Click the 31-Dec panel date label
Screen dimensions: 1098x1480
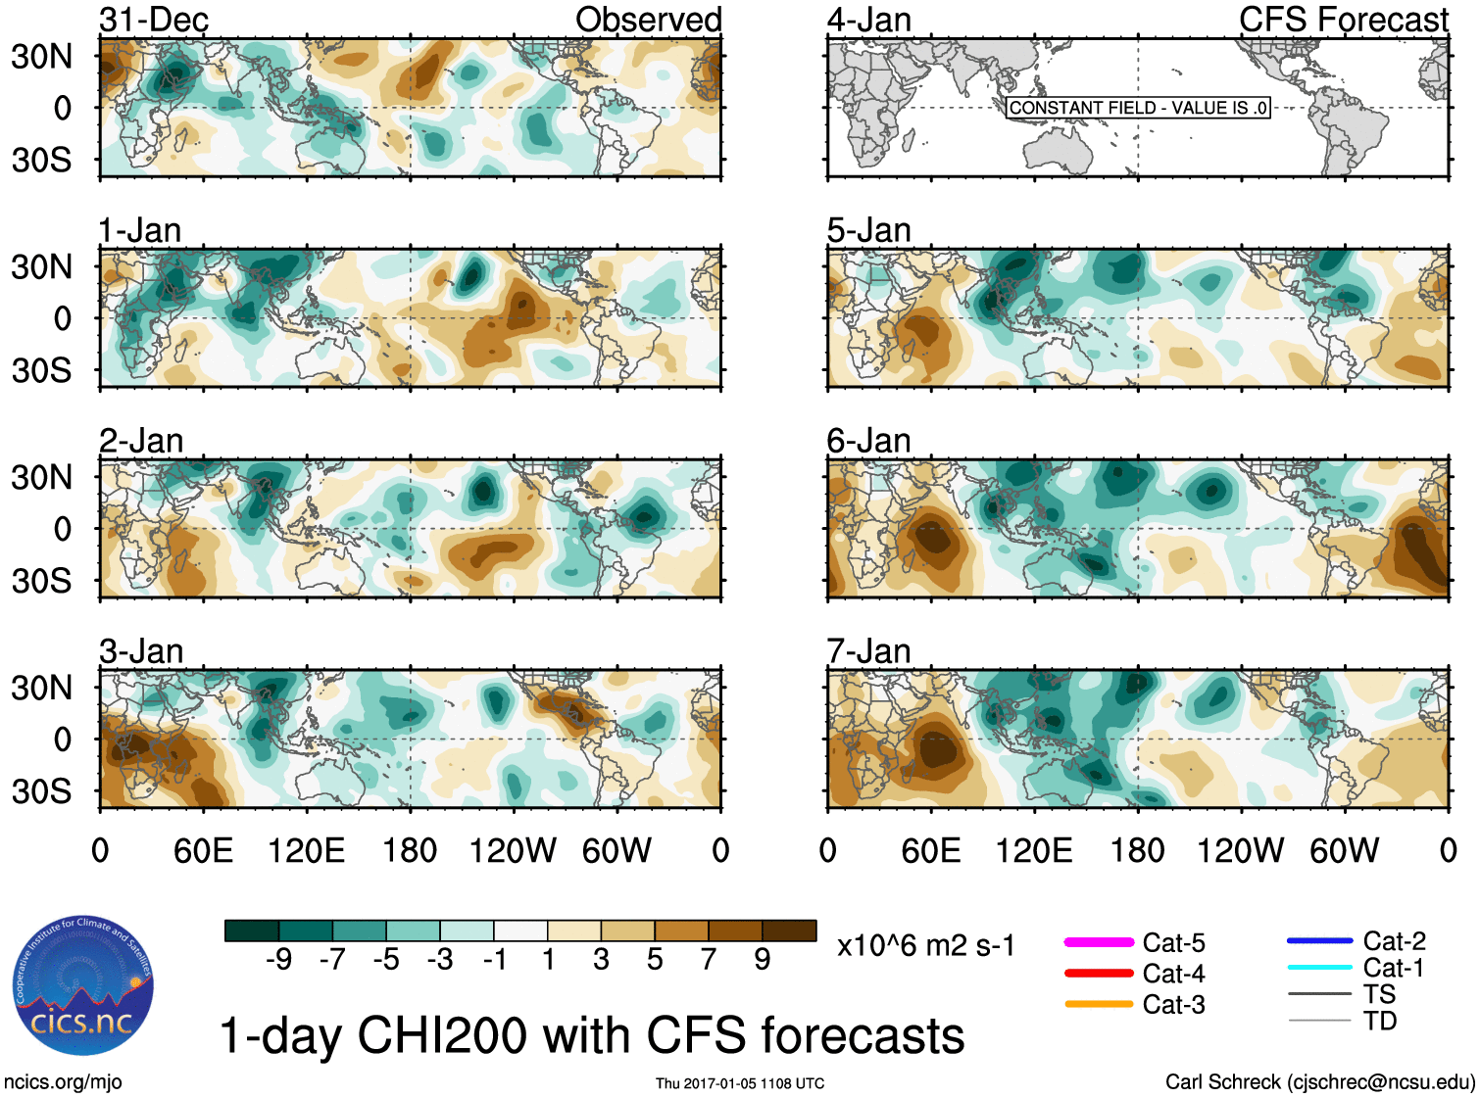pos(154,20)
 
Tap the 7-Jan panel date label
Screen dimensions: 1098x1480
pos(868,651)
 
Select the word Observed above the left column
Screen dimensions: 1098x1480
pos(648,20)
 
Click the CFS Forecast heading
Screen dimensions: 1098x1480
pos(1343,20)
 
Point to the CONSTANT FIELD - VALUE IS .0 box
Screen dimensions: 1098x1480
pos(1138,108)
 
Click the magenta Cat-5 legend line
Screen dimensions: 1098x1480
pos(1099,942)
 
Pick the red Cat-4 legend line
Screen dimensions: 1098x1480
pos(1099,974)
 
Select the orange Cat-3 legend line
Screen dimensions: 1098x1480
pos(1099,1004)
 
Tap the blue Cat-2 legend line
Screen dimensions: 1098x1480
pos(1319,941)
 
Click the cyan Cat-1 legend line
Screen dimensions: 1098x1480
pos(1319,968)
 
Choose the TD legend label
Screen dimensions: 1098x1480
pos(1379,1022)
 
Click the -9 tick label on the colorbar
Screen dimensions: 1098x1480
pos(279,960)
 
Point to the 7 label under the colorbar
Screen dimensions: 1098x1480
pos(709,960)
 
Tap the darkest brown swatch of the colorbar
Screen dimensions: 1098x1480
pos(789,931)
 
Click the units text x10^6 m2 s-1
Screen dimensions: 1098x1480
pos(925,946)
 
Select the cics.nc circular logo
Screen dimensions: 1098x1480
pos(83,985)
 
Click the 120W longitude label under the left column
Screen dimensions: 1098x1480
pos(513,850)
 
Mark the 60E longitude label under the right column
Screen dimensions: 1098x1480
pos(930,850)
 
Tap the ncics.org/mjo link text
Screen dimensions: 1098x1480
pos(63,1082)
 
